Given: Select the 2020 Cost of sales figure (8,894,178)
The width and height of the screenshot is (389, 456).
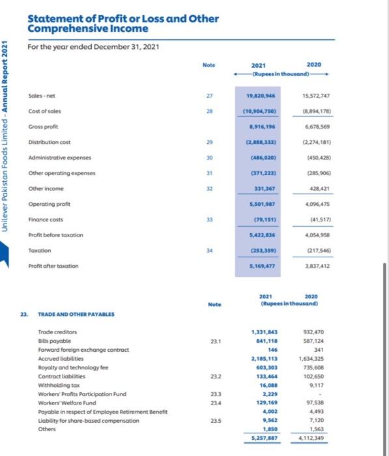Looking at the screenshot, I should coord(315,111).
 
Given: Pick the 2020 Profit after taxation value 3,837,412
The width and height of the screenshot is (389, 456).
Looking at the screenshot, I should coord(315,266).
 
